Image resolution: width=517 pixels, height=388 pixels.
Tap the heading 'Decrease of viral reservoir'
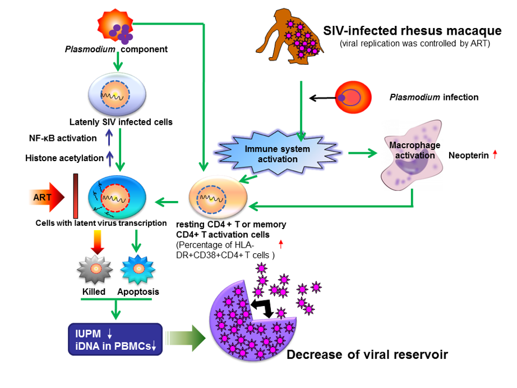point(367,355)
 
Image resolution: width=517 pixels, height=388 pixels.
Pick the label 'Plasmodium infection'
point(434,97)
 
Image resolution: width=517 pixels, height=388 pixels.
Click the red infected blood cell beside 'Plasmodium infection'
point(352,98)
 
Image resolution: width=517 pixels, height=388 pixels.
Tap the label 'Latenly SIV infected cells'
point(121,121)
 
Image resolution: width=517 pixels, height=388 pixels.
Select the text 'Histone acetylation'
point(64,158)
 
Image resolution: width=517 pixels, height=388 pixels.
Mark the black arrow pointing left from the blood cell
point(322,98)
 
